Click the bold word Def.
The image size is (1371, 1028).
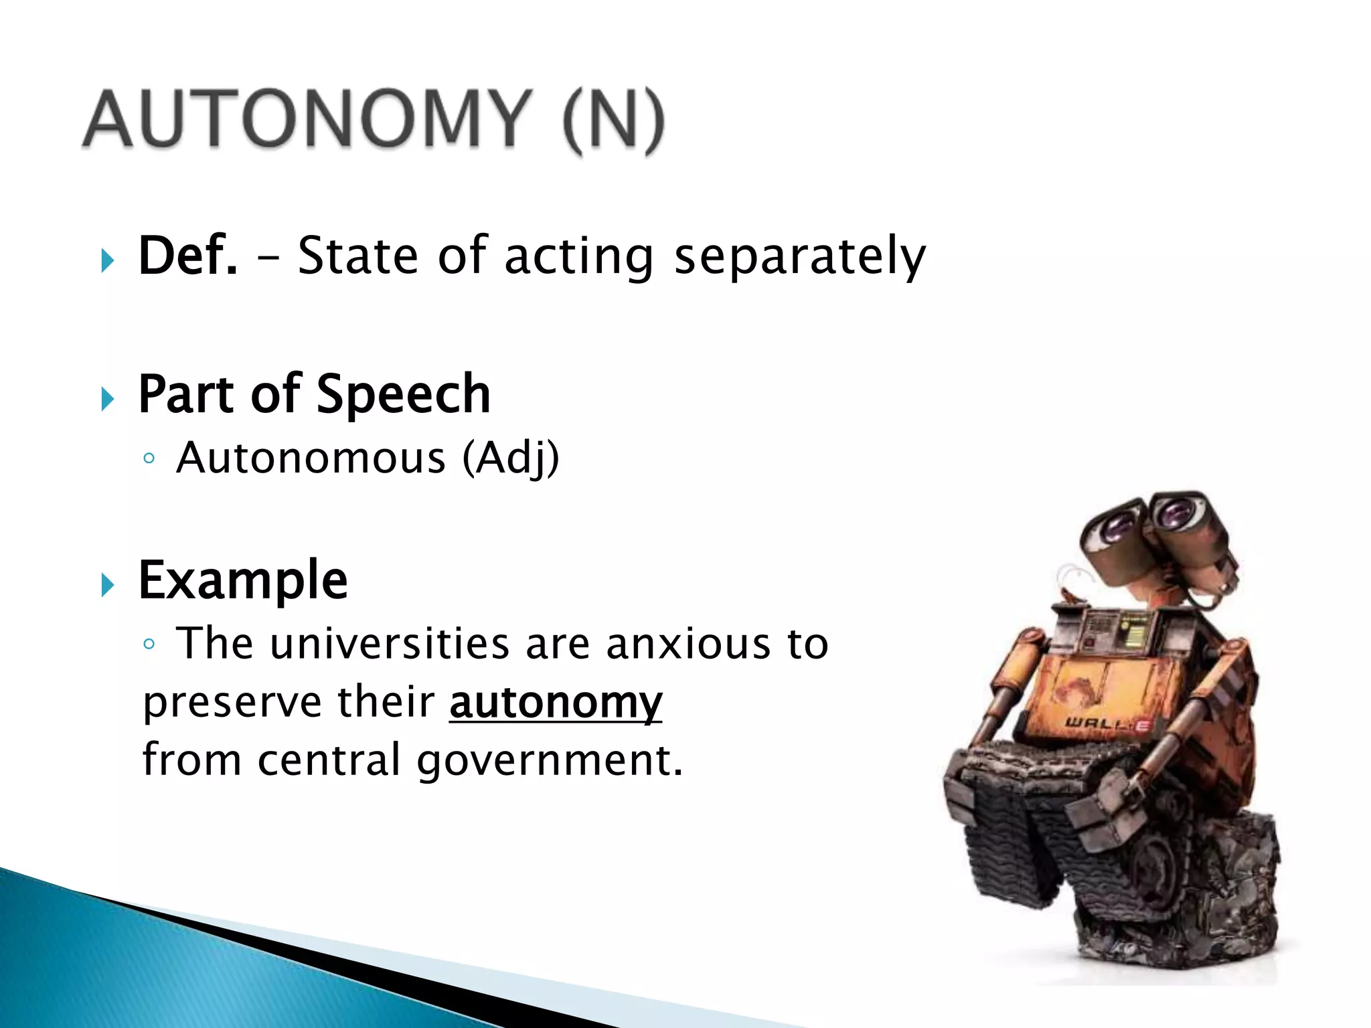coord(187,256)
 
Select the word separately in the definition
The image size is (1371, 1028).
coord(799,257)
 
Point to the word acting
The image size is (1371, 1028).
coord(578,257)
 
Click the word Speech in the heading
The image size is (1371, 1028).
coord(403,395)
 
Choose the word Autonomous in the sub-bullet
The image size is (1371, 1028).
coord(311,459)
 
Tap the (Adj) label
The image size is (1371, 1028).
coord(511,459)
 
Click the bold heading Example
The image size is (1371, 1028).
coord(243,580)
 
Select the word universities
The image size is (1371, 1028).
coord(390,644)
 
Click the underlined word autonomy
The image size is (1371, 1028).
coord(556,703)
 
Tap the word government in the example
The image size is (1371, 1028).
coord(549,762)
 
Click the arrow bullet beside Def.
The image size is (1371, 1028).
coord(108,260)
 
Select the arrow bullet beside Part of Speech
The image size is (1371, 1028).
coord(108,399)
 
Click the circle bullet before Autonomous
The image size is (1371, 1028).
coord(149,459)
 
